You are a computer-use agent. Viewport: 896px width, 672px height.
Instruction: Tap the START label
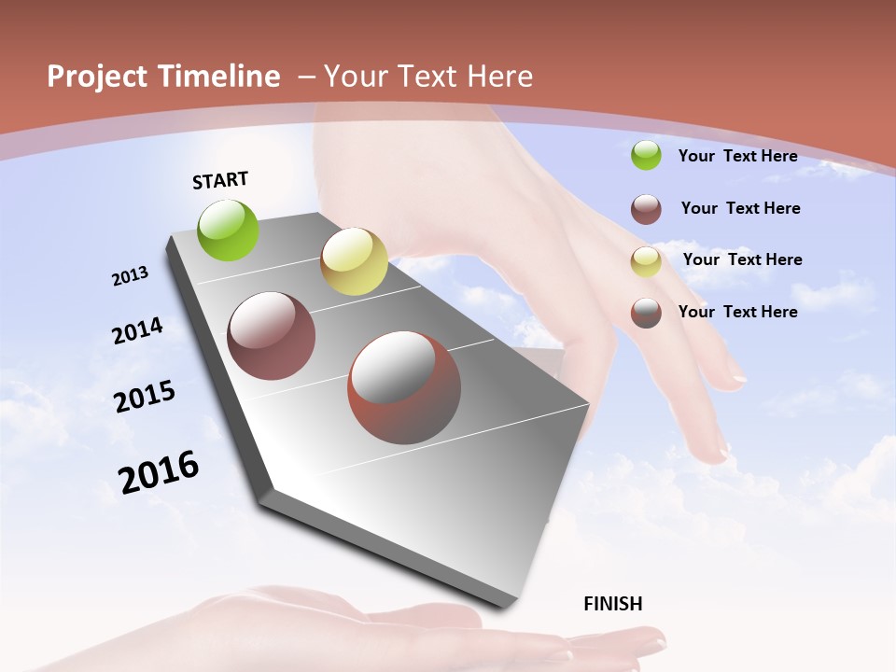point(220,180)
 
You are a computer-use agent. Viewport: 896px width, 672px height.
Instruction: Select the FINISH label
point(613,604)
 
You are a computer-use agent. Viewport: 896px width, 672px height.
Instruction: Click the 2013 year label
point(131,276)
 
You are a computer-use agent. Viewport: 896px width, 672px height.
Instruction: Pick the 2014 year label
point(137,330)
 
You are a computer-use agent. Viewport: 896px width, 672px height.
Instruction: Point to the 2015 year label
point(145,397)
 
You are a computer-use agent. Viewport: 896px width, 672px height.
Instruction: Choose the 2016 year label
point(159,472)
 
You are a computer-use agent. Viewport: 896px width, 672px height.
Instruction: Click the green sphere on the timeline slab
point(229,230)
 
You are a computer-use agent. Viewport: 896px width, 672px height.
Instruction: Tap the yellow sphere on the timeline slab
point(354,261)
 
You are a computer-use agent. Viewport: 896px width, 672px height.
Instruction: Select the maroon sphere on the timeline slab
point(271,336)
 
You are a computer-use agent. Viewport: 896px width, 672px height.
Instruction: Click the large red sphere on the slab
point(403,387)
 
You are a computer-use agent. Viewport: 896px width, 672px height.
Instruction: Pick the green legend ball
point(646,155)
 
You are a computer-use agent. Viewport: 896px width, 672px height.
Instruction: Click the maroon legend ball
point(646,209)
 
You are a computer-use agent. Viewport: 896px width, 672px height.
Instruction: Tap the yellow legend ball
point(646,261)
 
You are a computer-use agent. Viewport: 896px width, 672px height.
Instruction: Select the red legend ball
point(646,313)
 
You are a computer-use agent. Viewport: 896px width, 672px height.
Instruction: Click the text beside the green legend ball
point(737,156)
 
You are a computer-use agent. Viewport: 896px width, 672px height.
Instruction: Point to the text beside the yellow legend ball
point(742,259)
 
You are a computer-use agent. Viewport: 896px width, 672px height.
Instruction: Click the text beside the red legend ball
point(737,312)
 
